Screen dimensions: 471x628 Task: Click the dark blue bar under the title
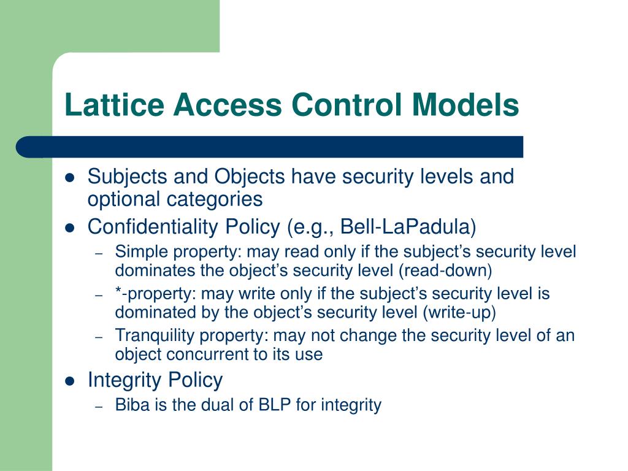(x=270, y=147)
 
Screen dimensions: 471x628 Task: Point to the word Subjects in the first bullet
(x=127, y=177)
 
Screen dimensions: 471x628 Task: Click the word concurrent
(x=194, y=354)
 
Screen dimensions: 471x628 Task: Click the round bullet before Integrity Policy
(x=69, y=381)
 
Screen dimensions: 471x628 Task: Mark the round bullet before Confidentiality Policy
(x=69, y=228)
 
